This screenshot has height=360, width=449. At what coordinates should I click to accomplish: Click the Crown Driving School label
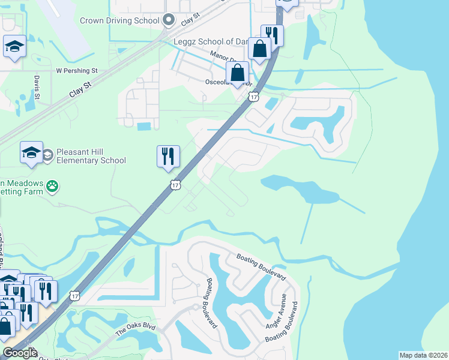pyautogui.click(x=119, y=20)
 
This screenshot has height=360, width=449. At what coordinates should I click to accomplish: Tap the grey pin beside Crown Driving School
pyautogui.click(x=168, y=20)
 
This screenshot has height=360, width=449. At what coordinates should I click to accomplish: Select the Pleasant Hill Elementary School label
pyautogui.click(x=91, y=156)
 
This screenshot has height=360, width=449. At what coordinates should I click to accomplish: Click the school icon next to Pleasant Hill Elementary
pyautogui.click(x=31, y=153)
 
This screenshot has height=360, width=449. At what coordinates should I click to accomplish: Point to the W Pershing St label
pyautogui.click(x=76, y=71)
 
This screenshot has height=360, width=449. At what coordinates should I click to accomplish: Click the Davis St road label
pyautogui.click(x=37, y=88)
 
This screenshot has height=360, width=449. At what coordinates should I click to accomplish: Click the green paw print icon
pyautogui.click(x=54, y=186)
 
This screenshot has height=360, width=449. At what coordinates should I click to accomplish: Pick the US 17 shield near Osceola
pyautogui.click(x=254, y=97)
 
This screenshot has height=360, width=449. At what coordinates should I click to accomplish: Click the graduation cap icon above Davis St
pyautogui.click(x=14, y=46)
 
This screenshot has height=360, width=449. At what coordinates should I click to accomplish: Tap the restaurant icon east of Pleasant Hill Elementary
pyautogui.click(x=168, y=156)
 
